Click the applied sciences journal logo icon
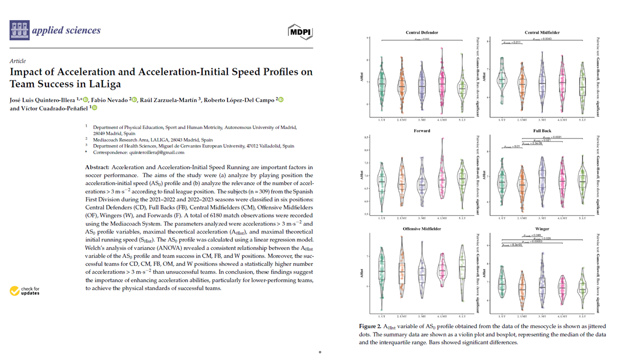(x=19, y=30)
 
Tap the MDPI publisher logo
(x=300, y=31)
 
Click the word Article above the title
(x=17, y=61)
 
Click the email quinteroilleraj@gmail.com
(x=156, y=152)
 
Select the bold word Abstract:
(x=98, y=166)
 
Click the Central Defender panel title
(x=421, y=32)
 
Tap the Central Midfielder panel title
(x=542, y=32)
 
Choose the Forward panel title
(x=421, y=131)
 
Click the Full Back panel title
(x=542, y=131)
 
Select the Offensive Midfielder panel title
(x=421, y=229)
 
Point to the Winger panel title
(x=542, y=229)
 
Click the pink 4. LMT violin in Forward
(x=442, y=175)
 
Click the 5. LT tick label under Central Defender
(x=462, y=120)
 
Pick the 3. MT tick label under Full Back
(x=542, y=218)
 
